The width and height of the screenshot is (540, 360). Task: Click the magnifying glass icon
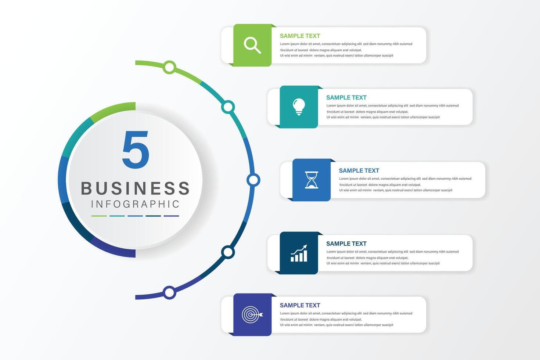click(252, 45)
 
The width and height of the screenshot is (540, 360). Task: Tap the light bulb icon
click(299, 107)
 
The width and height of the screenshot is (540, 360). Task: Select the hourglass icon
click(312, 180)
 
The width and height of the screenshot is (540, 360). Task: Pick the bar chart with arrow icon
click(299, 253)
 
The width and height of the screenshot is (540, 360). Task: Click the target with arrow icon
click(252, 315)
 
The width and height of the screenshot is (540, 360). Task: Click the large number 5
click(136, 150)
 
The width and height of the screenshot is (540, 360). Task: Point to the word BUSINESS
click(135, 188)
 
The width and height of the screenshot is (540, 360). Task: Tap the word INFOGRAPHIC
click(135, 204)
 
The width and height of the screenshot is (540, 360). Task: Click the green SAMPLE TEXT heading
click(300, 36)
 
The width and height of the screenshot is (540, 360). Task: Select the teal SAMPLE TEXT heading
click(346, 98)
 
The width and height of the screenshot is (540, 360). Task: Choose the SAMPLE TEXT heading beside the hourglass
click(359, 171)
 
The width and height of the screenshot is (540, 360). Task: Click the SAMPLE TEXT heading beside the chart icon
click(346, 244)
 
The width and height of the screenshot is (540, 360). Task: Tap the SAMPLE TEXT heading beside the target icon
click(300, 305)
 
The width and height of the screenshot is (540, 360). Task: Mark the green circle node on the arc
click(169, 67)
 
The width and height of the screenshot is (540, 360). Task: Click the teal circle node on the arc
click(228, 107)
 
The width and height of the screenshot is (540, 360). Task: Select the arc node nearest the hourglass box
click(253, 180)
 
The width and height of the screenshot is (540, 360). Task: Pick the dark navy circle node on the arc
click(228, 252)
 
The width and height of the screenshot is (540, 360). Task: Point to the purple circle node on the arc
click(169, 293)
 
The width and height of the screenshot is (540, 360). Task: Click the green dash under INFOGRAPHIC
click(99, 216)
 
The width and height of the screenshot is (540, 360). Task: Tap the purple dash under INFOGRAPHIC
click(171, 216)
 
